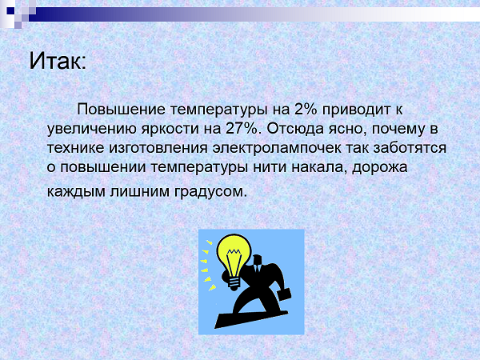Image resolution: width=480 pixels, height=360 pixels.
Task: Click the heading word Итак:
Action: click(58, 61)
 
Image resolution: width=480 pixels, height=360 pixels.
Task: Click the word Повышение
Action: click(122, 110)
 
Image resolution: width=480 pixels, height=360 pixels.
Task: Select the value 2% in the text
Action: click(306, 110)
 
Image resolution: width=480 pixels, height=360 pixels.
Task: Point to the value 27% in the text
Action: click(242, 129)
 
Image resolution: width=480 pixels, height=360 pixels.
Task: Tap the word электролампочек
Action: click(277, 148)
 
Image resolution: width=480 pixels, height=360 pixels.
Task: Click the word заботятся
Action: click(410, 148)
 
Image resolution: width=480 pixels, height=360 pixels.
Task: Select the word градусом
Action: click(210, 192)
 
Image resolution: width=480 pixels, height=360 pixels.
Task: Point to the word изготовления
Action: click(158, 148)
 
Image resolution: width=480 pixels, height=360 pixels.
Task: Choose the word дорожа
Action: click(379, 168)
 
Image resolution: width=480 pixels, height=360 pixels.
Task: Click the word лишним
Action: click(139, 192)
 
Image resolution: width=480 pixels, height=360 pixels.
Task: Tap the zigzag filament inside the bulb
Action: click(234, 252)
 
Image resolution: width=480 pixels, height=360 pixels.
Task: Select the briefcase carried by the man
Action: click(284, 294)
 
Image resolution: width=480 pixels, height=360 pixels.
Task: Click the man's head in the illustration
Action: click(257, 261)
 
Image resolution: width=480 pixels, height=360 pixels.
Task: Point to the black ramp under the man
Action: click(250, 319)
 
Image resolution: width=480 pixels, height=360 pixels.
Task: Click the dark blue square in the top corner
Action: click(10, 10)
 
